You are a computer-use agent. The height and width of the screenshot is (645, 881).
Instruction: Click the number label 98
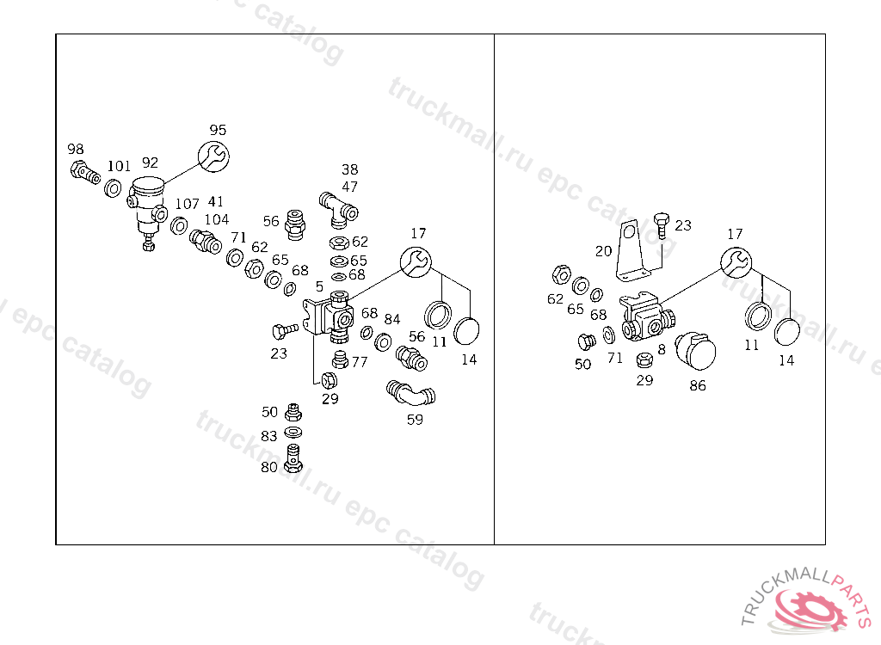tap(77, 149)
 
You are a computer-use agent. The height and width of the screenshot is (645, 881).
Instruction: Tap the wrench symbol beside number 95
tap(214, 157)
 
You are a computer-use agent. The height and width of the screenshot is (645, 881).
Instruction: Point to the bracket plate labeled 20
tap(634, 251)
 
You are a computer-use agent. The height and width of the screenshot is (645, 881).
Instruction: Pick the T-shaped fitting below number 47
tap(338, 206)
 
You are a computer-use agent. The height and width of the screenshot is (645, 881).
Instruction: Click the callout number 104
tap(217, 219)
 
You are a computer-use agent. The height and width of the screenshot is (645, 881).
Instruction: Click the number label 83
tap(269, 436)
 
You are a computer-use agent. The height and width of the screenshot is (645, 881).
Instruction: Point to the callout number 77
tap(360, 362)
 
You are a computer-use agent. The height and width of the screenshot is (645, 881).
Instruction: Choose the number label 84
tap(392, 319)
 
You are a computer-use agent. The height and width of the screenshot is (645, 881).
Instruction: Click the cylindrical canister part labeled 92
tap(147, 201)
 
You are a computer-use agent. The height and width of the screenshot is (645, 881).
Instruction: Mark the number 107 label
tap(187, 204)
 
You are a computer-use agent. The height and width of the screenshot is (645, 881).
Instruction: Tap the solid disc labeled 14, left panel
tap(467, 332)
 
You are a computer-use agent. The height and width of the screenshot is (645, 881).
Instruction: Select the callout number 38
tap(349, 169)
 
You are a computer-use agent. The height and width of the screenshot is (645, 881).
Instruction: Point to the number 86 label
tap(698, 385)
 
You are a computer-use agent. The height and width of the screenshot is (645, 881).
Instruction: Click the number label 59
tap(415, 420)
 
